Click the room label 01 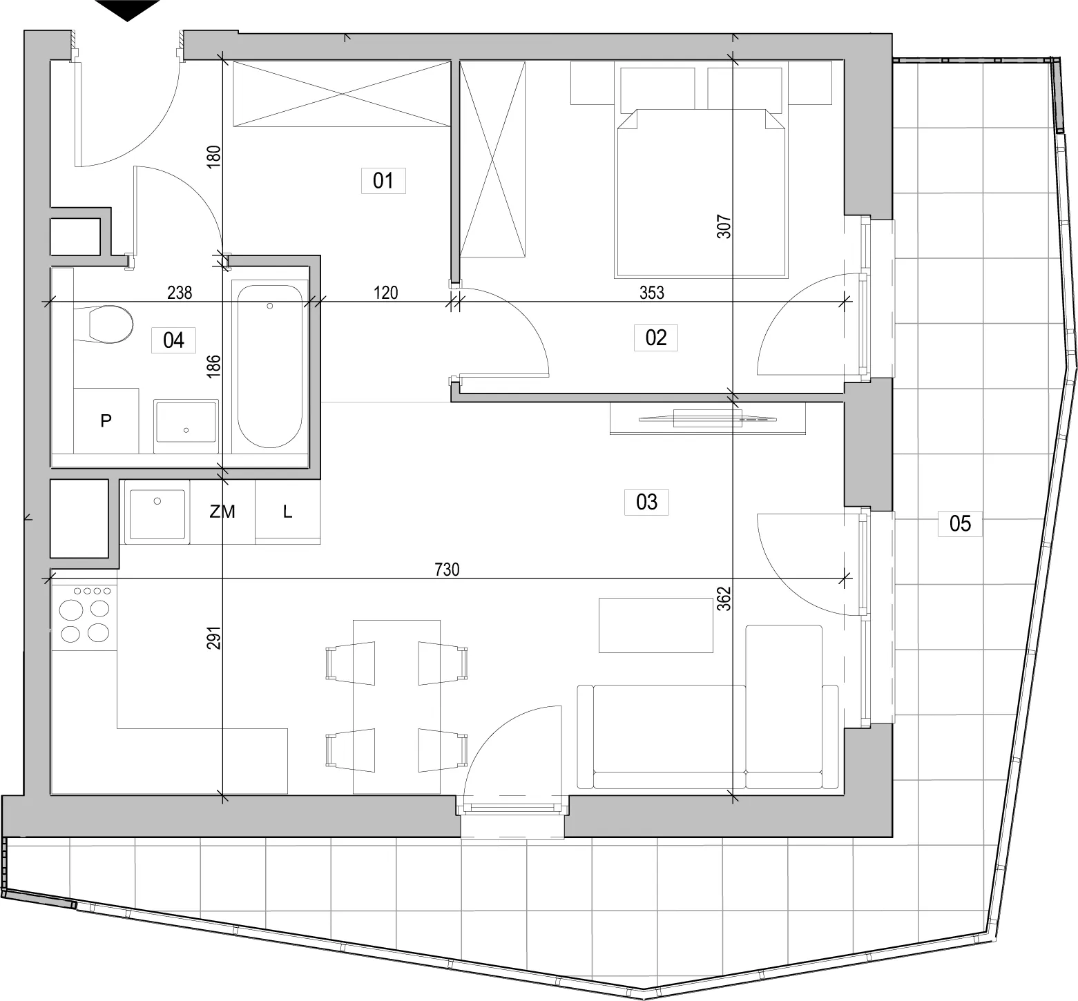pyautogui.click(x=383, y=181)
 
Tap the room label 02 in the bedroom pyautogui.click(x=656, y=338)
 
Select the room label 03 pyautogui.click(x=646, y=501)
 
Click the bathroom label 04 pyautogui.click(x=173, y=340)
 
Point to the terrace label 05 pyautogui.click(x=960, y=523)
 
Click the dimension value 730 pyautogui.click(x=447, y=570)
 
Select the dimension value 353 pyautogui.click(x=651, y=293)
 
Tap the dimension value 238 pyautogui.click(x=180, y=293)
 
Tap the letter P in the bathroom pyautogui.click(x=106, y=420)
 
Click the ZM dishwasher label pyautogui.click(x=222, y=512)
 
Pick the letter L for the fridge pyautogui.click(x=287, y=512)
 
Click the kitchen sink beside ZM pyautogui.click(x=157, y=514)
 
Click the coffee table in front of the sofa pyautogui.click(x=655, y=625)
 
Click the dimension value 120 pyautogui.click(x=385, y=293)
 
